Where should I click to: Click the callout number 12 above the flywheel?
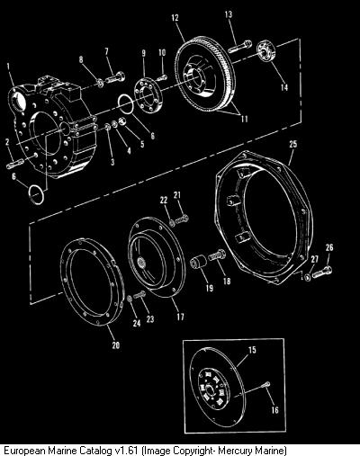tap(175, 18)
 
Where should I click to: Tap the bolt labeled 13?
tap(240, 47)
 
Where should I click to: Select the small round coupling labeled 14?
tap(266, 52)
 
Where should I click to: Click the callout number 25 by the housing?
tap(293, 144)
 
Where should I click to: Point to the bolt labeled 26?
tap(322, 272)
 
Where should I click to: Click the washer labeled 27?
tap(307, 277)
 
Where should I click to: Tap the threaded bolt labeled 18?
tap(217, 255)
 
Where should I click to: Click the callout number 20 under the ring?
tap(116, 345)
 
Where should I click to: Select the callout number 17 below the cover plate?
tap(180, 317)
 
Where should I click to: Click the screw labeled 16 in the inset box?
tap(266, 384)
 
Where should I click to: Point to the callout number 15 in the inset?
tap(252, 350)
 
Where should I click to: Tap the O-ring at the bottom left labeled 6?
tap(36, 194)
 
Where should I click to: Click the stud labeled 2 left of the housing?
tap(14, 163)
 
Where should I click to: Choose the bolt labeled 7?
tap(115, 77)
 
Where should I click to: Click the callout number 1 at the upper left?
tap(8, 67)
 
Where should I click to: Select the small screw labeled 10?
tap(162, 78)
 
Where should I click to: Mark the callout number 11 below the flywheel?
tap(245, 119)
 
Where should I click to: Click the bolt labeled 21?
tap(182, 219)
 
